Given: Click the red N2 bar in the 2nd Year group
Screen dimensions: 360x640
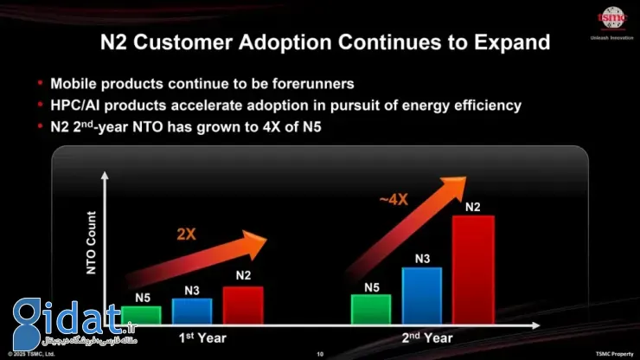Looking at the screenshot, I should pyautogui.click(x=473, y=269).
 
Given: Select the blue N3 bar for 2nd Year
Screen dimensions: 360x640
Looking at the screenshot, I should pyautogui.click(x=422, y=295).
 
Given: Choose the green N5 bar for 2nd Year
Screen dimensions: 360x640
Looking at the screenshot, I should pyautogui.click(x=370, y=309).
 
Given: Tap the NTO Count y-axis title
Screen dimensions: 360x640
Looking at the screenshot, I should pyautogui.click(x=92, y=243).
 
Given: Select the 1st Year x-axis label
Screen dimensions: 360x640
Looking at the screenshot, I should pyautogui.click(x=202, y=337).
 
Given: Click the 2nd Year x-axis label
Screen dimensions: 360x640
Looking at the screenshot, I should pyautogui.click(x=426, y=337).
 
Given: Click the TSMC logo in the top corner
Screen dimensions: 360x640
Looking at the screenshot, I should pyautogui.click(x=612, y=18).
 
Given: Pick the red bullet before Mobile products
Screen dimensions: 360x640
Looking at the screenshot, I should pyautogui.click(x=41, y=84).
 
